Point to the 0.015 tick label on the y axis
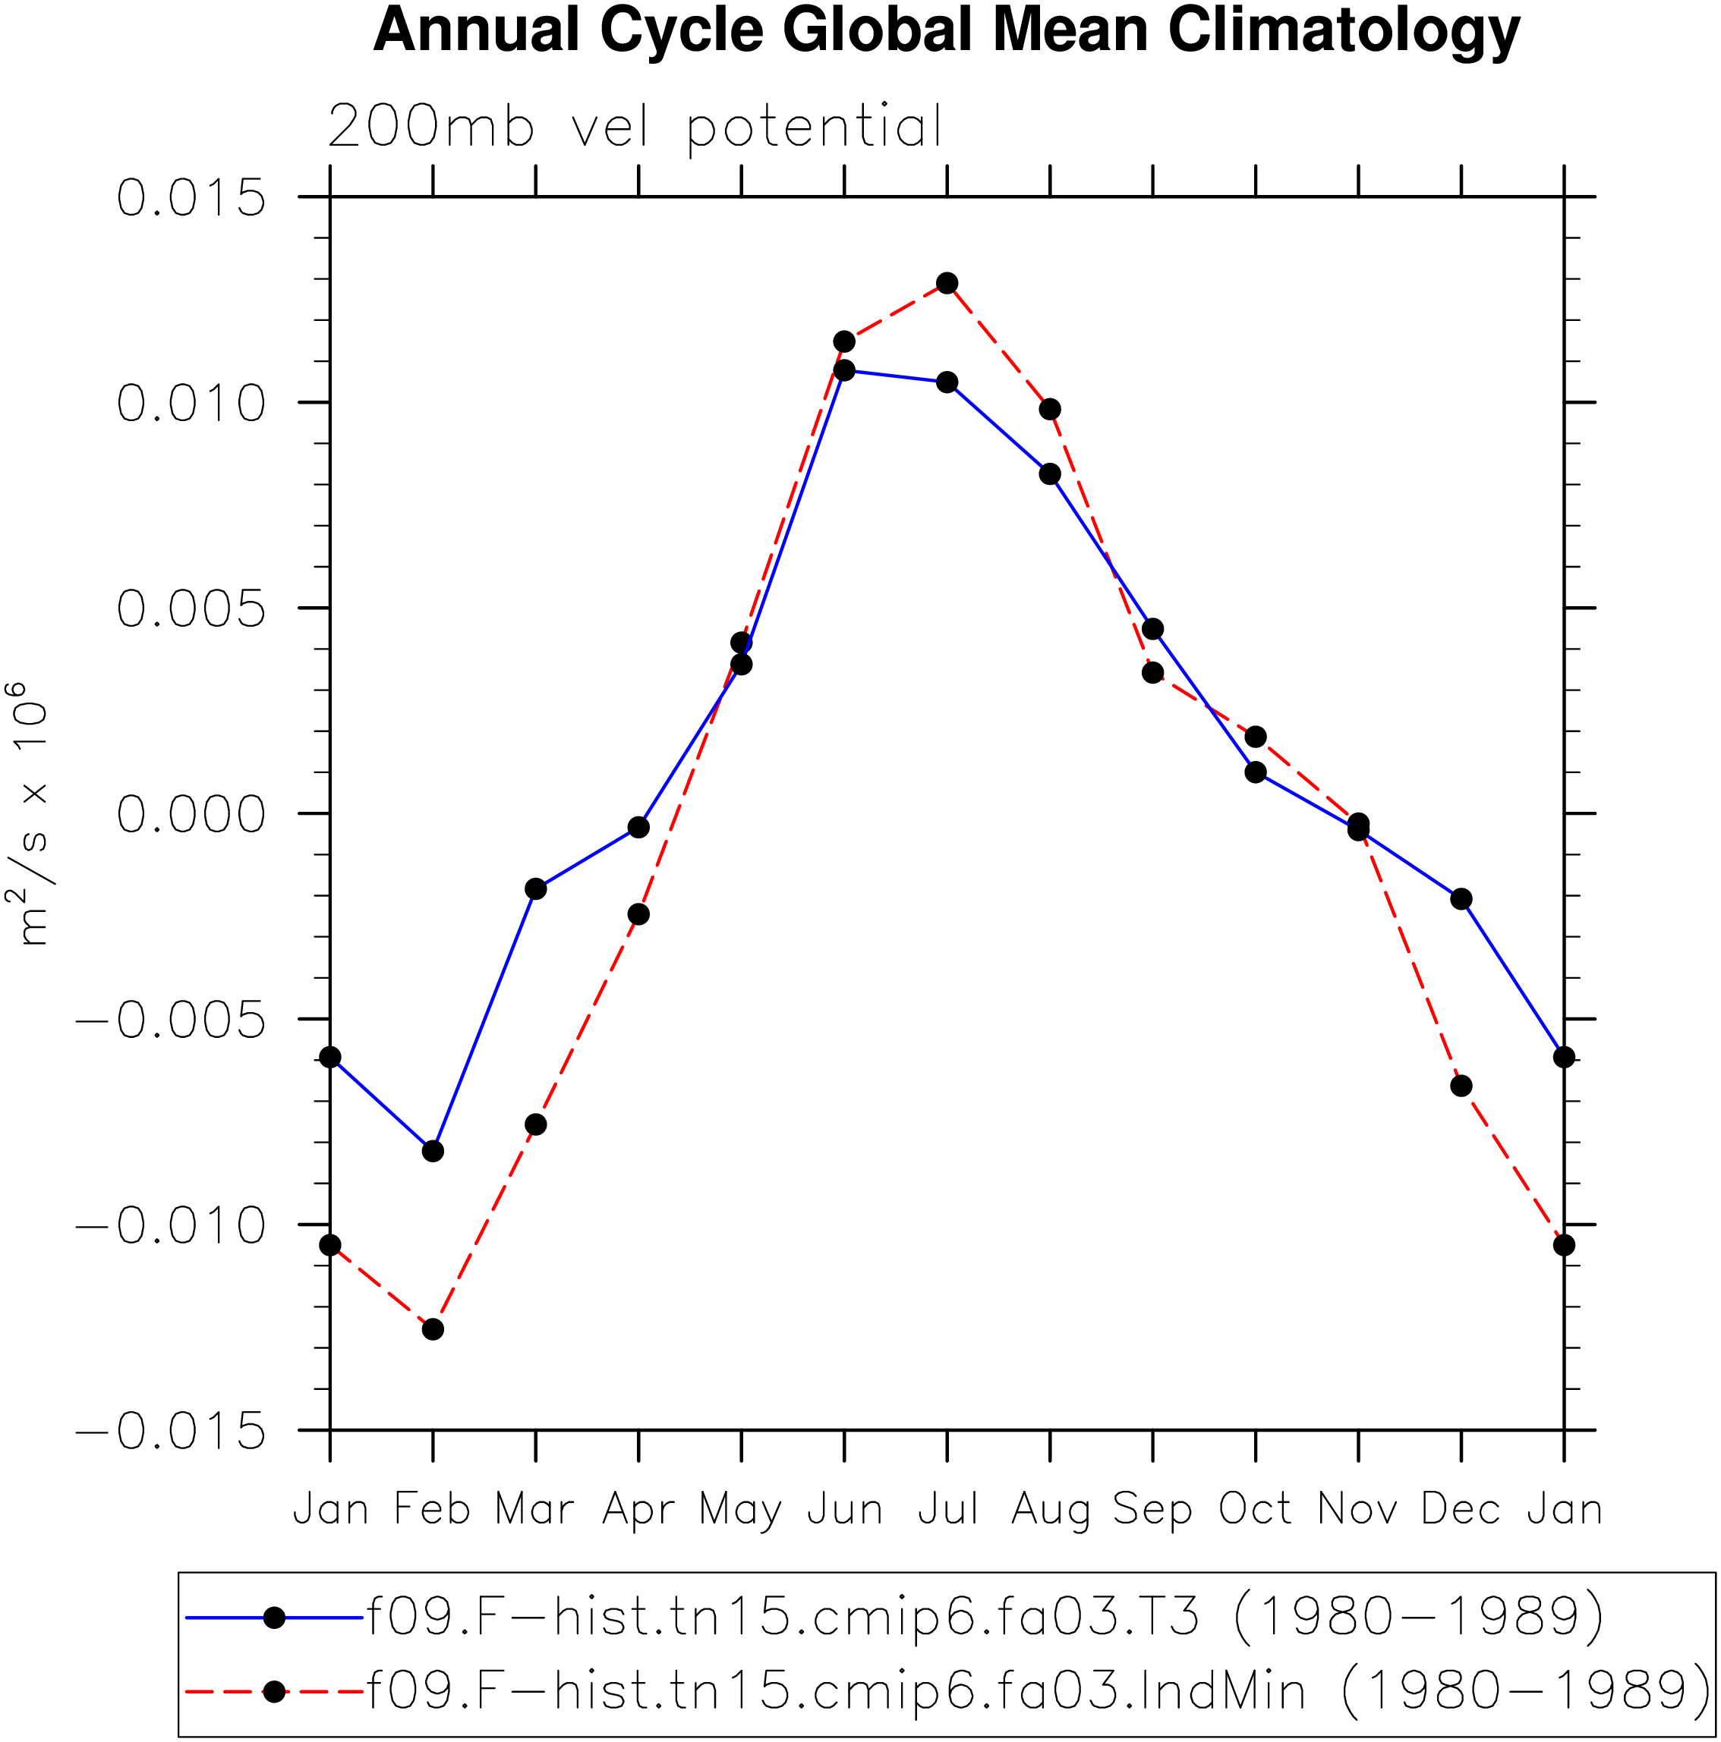(x=191, y=197)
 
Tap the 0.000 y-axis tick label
(x=191, y=814)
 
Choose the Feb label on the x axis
(x=433, y=1509)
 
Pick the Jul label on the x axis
(x=947, y=1509)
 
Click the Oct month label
(x=1255, y=1509)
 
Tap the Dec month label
(x=1461, y=1509)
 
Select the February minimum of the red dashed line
(x=433, y=1329)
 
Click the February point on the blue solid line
(x=433, y=1152)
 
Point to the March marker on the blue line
(x=536, y=889)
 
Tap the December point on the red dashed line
(x=1461, y=1086)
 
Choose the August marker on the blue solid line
(x=1050, y=474)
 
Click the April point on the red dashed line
(x=638, y=914)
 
